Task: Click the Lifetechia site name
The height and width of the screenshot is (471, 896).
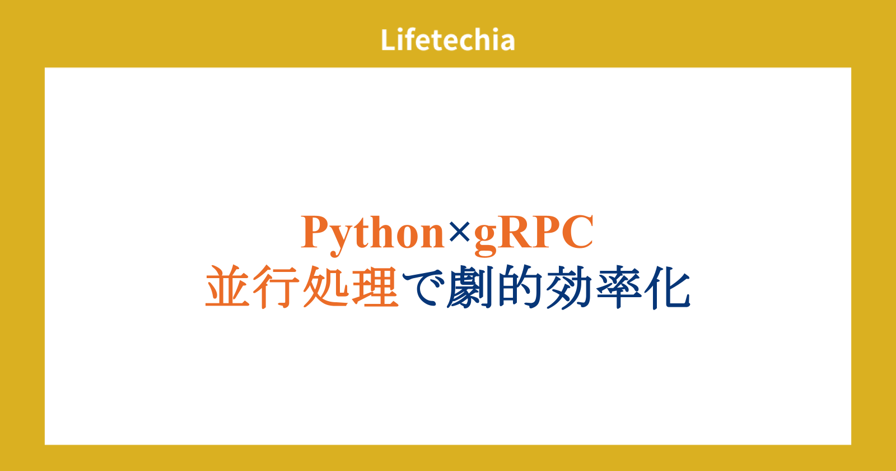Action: [x=447, y=40]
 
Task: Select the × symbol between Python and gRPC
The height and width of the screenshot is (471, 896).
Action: [x=459, y=233]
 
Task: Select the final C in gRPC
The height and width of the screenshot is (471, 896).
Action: [x=577, y=232]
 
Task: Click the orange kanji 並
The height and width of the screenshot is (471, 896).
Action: [x=227, y=287]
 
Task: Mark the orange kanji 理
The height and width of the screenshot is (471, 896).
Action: [x=375, y=287]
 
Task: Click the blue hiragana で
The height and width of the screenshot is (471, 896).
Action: [x=423, y=288]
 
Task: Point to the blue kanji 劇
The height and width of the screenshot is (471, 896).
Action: [x=470, y=287]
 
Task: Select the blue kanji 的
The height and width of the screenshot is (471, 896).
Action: [x=520, y=287]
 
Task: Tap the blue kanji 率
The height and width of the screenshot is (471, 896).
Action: [x=618, y=287]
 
